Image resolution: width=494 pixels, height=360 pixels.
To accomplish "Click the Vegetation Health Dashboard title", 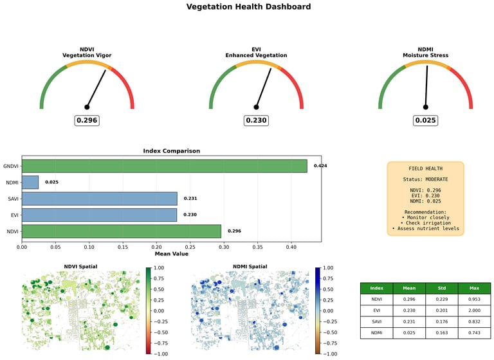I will pos(248,7).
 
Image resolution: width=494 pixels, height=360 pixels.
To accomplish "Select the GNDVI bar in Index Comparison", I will pos(164,166).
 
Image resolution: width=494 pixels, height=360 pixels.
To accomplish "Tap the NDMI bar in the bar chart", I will pos(30,182).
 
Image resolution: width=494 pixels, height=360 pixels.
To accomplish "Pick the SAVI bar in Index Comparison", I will pos(99,199).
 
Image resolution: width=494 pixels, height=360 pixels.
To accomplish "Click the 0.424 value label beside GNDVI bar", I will pos(320,166).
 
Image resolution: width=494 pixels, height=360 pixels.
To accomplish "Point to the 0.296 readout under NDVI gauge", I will pos(87,120).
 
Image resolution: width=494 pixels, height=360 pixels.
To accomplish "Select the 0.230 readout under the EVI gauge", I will pos(256,120).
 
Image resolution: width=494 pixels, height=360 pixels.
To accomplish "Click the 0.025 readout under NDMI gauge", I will pos(425,120).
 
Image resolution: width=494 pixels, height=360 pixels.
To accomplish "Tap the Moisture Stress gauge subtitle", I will pos(425,56).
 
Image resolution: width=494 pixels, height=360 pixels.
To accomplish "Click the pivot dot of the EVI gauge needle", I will pos(256,107).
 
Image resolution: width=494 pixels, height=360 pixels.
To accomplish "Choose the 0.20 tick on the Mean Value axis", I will pos(156,246).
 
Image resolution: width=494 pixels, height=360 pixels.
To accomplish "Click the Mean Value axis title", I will pos(171,254).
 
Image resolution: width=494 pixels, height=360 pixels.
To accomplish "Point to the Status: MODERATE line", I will pos(425,179).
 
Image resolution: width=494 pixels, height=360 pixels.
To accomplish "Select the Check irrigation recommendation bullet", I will pos(426,222).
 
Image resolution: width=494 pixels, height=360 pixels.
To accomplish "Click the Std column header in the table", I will pos(441,289).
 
